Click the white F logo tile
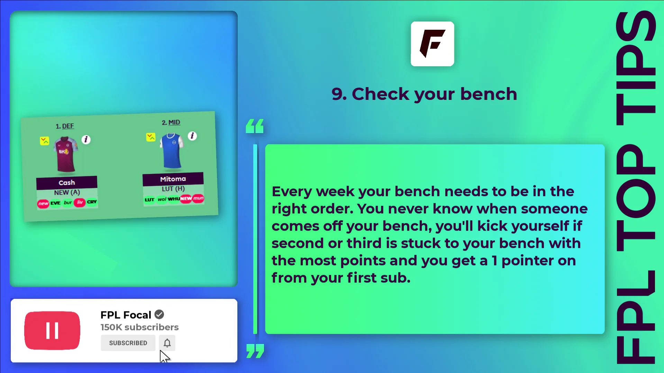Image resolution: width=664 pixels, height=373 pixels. (432, 44)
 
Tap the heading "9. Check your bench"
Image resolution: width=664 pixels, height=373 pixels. (424, 94)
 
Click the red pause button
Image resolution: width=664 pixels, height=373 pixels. (52, 330)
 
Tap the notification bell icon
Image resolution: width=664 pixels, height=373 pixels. (167, 343)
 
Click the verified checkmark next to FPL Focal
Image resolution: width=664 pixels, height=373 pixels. (159, 315)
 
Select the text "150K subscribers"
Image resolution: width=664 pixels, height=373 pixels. (139, 327)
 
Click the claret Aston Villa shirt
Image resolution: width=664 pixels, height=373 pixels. (65, 154)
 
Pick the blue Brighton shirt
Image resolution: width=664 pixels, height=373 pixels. (172, 151)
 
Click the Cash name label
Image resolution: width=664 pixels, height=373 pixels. (67, 183)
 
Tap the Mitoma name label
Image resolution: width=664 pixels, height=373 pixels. (173, 179)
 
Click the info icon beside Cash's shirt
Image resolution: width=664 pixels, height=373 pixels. (86, 139)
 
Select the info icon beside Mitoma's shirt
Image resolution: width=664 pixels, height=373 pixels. (192, 136)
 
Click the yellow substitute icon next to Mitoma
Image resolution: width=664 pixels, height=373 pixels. (151, 137)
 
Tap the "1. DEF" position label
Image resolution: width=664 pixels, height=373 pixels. (65, 126)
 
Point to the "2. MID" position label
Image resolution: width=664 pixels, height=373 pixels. (171, 122)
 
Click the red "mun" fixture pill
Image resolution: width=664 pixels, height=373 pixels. (198, 198)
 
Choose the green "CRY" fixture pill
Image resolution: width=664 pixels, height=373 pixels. (92, 202)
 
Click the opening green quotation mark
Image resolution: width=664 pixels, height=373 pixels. (255, 126)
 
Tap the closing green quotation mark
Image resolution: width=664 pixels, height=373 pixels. (255, 351)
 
